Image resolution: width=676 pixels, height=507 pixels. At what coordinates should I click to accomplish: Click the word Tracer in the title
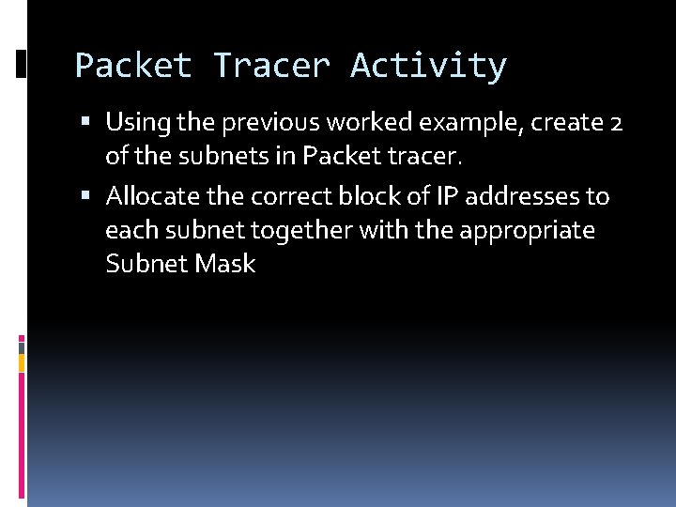click(x=271, y=66)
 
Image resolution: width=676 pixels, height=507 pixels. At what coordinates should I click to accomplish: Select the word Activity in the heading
click(x=428, y=66)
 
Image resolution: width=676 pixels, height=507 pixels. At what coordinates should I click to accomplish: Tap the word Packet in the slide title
click(x=132, y=66)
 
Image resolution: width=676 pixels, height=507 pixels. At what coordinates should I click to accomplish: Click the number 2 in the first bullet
click(x=616, y=123)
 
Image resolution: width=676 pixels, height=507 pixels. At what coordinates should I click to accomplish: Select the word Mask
click(x=224, y=264)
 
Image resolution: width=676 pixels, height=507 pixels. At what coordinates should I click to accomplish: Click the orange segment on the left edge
click(x=22, y=361)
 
